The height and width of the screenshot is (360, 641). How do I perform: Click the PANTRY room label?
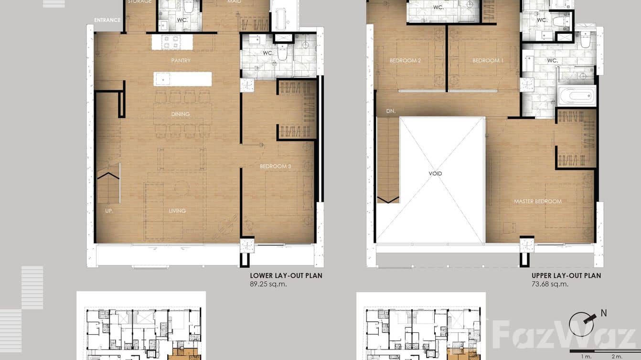181,61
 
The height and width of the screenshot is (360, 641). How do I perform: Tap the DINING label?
181,114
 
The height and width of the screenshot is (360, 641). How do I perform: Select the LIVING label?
177,211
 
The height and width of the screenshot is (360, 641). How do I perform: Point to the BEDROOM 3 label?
276,166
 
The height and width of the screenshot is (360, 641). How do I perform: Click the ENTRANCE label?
107,20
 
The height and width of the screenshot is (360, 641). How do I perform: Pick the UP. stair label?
109,211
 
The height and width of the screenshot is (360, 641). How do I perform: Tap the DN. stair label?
391,111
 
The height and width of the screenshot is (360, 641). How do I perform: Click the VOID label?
435,174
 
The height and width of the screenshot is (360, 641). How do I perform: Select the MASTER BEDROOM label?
538,201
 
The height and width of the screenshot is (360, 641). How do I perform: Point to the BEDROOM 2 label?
405,61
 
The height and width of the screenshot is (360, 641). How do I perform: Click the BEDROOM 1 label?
488,61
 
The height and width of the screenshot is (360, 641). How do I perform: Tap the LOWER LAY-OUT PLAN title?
286,275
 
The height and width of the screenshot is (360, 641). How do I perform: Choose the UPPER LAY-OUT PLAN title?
566,275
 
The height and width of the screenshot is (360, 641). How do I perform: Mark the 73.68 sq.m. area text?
550,284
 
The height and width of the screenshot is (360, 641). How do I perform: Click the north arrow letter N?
604,314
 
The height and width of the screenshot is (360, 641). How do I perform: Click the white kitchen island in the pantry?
182,79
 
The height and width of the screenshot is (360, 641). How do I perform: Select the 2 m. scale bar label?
617,356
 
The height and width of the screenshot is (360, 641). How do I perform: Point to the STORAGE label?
139,2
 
